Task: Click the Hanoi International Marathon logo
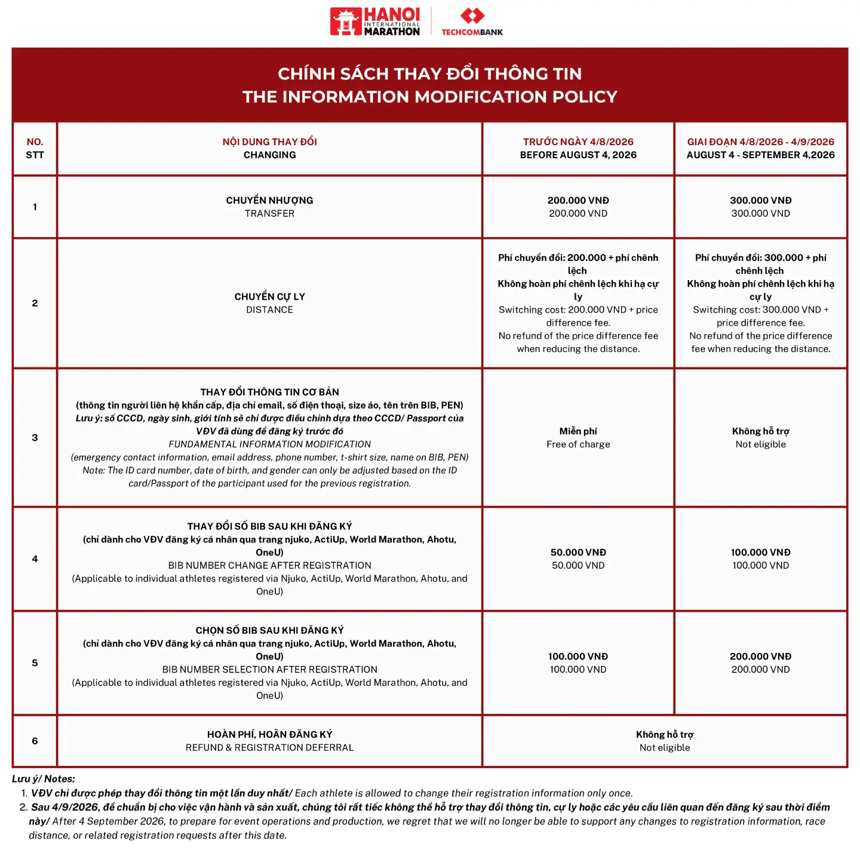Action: [x=375, y=22]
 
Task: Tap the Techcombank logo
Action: [x=472, y=22]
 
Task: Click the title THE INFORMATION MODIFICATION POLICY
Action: [x=429, y=97]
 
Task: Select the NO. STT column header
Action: [x=35, y=148]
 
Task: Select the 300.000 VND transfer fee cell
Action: [x=760, y=207]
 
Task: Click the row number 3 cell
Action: [x=35, y=437]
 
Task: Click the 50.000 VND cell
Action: [x=578, y=559]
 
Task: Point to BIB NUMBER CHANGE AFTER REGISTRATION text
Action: [x=269, y=565]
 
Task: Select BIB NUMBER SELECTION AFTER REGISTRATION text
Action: [x=269, y=669]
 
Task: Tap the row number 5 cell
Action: [x=35, y=662]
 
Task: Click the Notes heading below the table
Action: [x=44, y=778]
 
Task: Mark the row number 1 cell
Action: [x=35, y=207]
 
